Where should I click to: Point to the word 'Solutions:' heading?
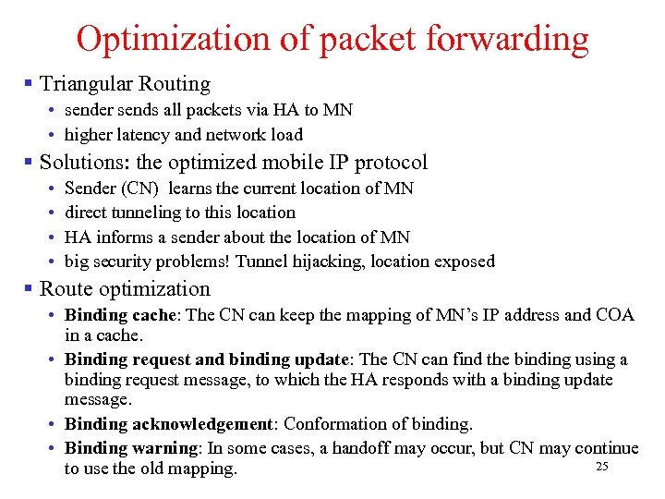click(84, 163)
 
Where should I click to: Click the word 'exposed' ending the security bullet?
click(464, 262)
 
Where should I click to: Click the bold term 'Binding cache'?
click(125, 315)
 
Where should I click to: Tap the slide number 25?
click(602, 467)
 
